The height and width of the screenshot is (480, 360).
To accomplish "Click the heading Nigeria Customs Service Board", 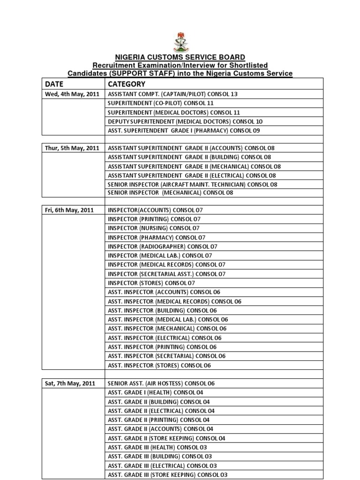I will coord(180,58).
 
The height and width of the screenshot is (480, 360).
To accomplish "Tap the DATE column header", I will coord(54,84).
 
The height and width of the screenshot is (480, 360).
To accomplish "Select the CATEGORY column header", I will coord(127,84).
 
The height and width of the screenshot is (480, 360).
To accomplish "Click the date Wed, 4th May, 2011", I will coord(72,94).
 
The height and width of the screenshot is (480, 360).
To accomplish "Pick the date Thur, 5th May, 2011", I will coord(72,148).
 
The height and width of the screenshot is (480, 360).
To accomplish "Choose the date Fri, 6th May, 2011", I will coord(69,210).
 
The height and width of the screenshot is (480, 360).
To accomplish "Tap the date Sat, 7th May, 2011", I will coord(70,383).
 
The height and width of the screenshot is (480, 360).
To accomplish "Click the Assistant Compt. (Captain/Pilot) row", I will coord(172,94).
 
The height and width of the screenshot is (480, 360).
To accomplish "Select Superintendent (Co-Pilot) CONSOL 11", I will coord(161,103).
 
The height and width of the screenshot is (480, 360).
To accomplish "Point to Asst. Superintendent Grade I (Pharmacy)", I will coord(183,130).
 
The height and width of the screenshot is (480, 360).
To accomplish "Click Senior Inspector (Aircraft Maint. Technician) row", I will coord(192,185).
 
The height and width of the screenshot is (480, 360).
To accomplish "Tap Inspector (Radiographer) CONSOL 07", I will coord(163,247).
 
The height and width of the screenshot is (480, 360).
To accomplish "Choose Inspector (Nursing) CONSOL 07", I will coord(154,228).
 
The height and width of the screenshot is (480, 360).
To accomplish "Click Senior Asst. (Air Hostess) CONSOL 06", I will coord(161,383).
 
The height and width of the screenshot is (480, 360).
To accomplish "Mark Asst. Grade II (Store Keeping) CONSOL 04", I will coord(166,438).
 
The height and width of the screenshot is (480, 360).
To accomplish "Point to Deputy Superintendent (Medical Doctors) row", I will coord(185,121).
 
